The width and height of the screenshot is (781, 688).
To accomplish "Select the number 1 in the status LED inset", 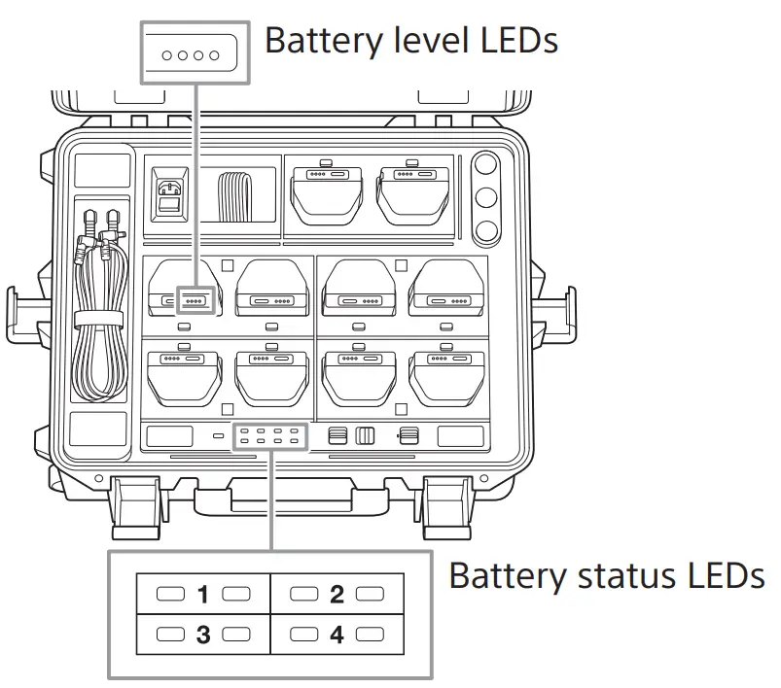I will click(x=203, y=594).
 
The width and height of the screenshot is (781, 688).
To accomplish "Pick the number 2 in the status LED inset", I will click(x=337, y=594).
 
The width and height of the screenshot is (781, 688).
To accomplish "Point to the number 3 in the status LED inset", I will click(x=203, y=636).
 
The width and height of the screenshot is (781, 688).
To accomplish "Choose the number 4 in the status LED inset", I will click(x=337, y=636).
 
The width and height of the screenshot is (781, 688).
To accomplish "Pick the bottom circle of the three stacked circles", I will click(x=484, y=231).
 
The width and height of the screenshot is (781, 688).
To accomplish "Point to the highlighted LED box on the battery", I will click(x=195, y=301).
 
